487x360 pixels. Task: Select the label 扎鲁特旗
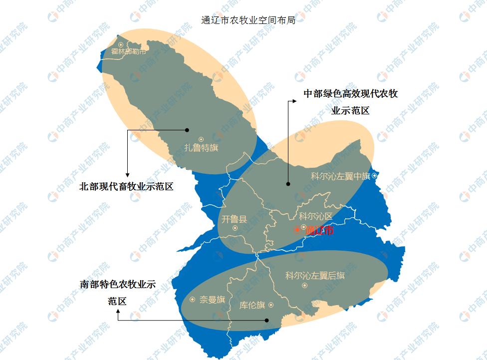[x=201, y=148]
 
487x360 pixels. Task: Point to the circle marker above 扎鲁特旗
[x=201, y=139]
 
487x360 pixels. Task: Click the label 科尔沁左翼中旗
[x=340, y=176]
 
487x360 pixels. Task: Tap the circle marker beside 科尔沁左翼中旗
[x=374, y=176]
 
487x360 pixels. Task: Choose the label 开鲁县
[x=234, y=219]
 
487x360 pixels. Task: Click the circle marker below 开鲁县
[x=235, y=228]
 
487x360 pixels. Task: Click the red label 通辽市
[x=319, y=231]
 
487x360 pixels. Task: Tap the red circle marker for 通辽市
[x=297, y=230]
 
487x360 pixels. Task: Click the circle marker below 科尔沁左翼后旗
[x=304, y=286]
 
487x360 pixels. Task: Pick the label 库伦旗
[x=252, y=305]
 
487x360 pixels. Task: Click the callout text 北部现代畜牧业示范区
[x=126, y=187]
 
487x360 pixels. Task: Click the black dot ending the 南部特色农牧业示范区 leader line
[x=267, y=321]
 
